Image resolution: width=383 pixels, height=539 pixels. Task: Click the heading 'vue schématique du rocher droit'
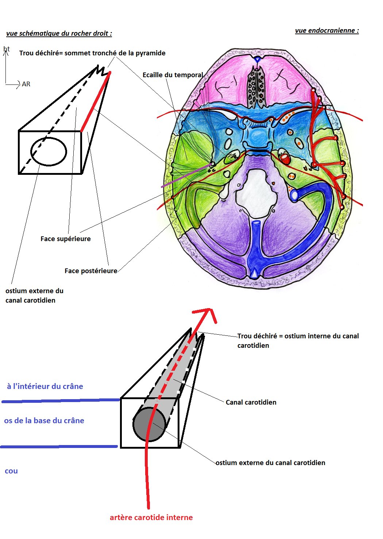click(59, 34)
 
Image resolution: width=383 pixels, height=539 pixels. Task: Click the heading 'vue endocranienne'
click(327, 31)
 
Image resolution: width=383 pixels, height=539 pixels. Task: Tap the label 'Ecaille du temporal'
click(173, 75)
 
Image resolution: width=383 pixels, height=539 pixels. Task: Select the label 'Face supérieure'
click(66, 239)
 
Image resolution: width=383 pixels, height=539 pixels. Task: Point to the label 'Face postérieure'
click(91, 271)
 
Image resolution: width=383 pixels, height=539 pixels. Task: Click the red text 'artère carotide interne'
click(151, 518)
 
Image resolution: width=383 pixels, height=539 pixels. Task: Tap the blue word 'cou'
click(11, 471)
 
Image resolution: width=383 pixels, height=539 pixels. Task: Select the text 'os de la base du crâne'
click(44, 421)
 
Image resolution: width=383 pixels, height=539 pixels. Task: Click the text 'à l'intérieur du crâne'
click(45, 386)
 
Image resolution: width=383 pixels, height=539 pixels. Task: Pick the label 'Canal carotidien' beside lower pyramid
click(251, 402)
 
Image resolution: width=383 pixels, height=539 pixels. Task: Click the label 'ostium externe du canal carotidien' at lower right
click(270, 463)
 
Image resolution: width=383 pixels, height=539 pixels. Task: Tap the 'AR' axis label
click(26, 84)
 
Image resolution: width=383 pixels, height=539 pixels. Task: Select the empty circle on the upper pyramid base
click(49, 152)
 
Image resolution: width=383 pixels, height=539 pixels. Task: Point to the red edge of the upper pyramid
click(96, 102)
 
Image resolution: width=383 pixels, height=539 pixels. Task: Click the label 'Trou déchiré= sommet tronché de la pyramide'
click(92, 53)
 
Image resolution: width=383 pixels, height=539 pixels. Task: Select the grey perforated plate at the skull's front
click(256, 87)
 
